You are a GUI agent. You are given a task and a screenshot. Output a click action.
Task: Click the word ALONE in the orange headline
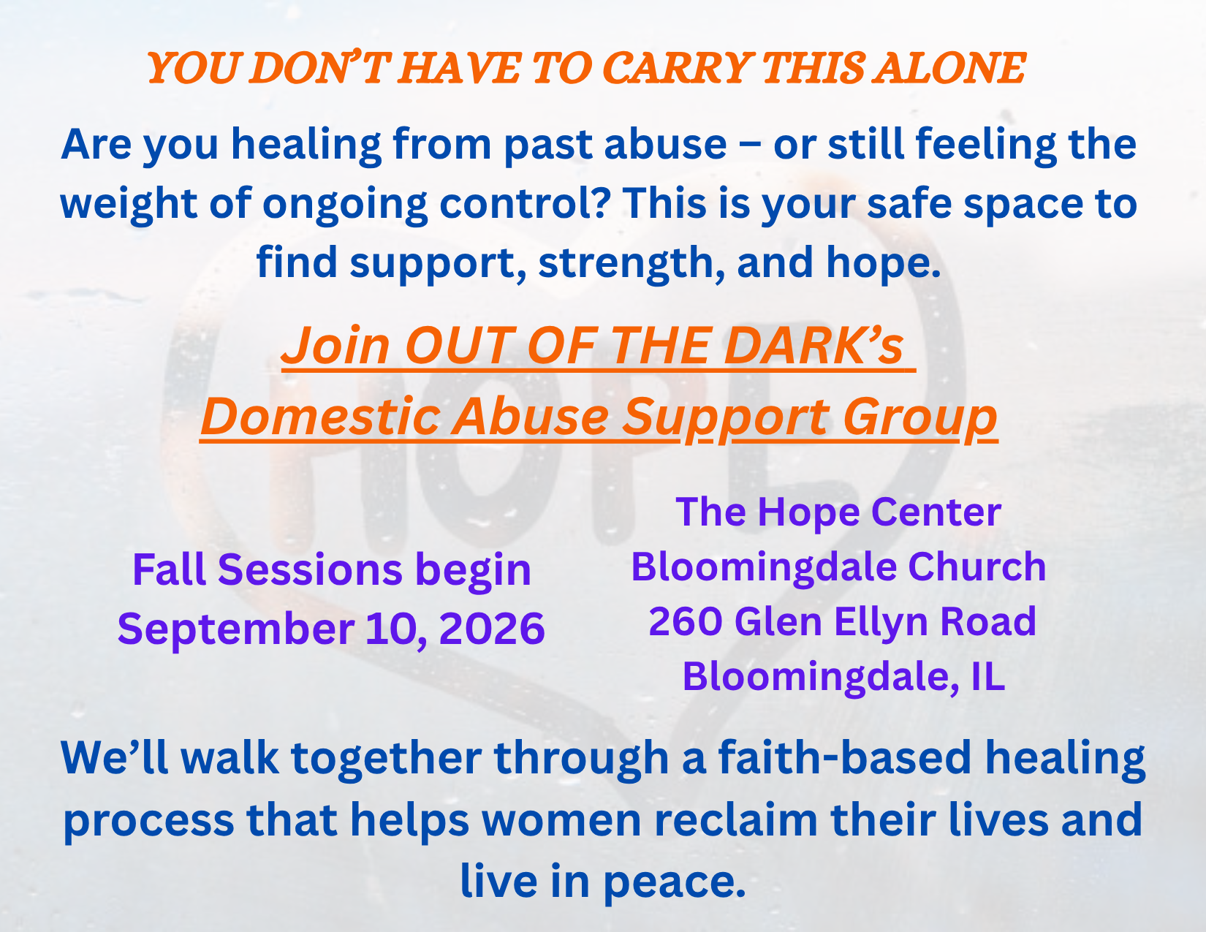(949, 69)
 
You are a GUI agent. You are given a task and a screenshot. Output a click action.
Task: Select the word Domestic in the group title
(321, 417)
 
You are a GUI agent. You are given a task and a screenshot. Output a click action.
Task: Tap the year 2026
(492, 629)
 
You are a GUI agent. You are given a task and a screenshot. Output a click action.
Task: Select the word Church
(976, 567)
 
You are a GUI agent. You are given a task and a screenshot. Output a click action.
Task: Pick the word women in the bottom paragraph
(561, 821)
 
